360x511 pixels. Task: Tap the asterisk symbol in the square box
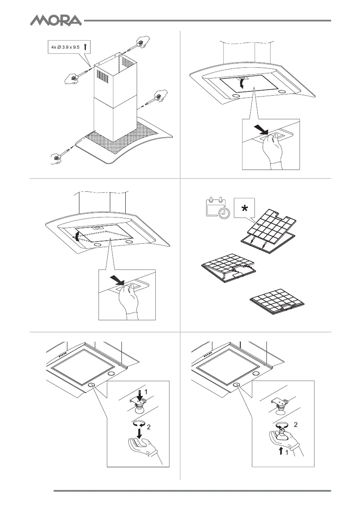point(244,209)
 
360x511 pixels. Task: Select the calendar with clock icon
point(215,208)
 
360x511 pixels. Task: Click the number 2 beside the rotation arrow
point(149,427)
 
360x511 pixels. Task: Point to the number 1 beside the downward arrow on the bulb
point(145,392)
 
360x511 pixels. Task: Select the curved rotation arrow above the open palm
point(139,423)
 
